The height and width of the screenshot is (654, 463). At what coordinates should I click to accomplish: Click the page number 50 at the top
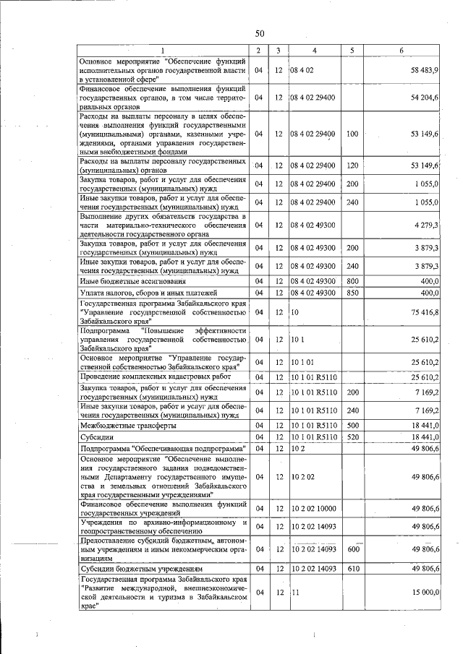(x=260, y=33)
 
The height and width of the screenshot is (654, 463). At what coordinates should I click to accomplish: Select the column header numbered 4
(x=315, y=50)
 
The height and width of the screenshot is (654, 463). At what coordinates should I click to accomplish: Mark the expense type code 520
(x=352, y=437)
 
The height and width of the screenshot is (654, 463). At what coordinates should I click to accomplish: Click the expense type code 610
(x=352, y=569)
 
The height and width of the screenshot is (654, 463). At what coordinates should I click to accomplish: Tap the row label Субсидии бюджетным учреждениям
(x=131, y=569)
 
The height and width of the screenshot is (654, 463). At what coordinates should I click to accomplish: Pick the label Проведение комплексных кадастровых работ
(x=150, y=377)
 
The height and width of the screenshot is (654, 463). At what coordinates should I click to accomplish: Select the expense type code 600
(x=352, y=549)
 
